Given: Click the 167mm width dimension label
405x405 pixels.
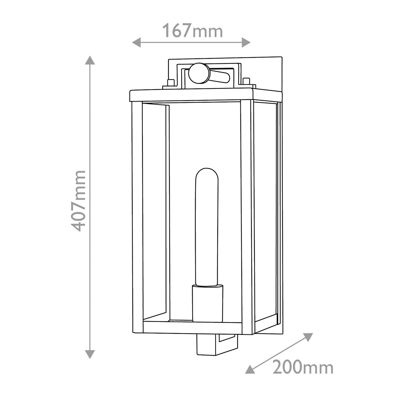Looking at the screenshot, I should pos(193,31).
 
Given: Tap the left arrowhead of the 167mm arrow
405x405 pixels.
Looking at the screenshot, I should pos(136,42).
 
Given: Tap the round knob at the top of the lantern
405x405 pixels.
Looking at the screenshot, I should pos(198,73).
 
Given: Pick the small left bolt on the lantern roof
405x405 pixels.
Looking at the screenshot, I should pos(171,82).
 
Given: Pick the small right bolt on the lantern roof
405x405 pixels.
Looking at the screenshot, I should pos(246,81).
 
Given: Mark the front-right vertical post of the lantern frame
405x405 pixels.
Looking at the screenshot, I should pos(247,216).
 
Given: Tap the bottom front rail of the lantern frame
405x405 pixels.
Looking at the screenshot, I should pos(192,327).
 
